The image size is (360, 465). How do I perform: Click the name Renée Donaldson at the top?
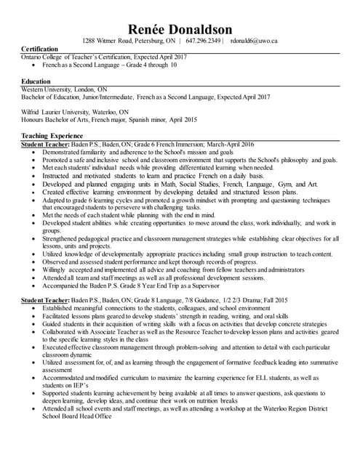180,28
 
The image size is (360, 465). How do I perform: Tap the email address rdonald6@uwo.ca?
254,41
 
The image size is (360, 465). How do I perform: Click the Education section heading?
36,81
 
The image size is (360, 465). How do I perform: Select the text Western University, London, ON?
64,88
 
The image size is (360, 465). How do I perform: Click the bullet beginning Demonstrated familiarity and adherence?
138,153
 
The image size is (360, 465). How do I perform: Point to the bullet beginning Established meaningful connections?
156,308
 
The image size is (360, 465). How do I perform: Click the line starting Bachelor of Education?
145,96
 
